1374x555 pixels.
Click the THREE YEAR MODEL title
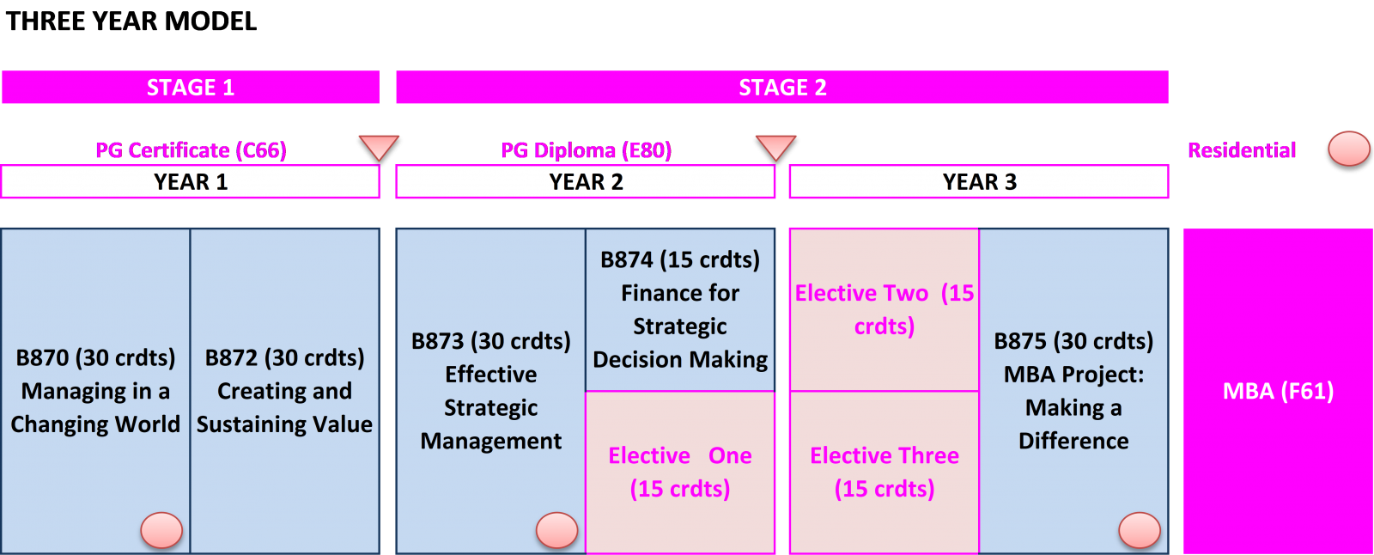(x=131, y=21)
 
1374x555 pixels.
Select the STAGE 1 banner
(x=191, y=87)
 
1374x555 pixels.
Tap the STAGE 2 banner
(x=782, y=87)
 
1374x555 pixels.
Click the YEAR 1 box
(x=191, y=182)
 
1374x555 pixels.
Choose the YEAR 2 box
(x=586, y=182)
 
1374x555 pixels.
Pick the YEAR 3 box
(x=979, y=182)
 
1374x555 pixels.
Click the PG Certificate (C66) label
(x=191, y=150)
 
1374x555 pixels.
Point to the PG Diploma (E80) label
(x=587, y=150)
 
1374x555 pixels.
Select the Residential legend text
(x=1242, y=150)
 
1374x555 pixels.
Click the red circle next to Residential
(x=1349, y=149)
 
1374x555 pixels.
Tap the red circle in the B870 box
(x=162, y=530)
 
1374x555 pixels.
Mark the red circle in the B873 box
(x=557, y=530)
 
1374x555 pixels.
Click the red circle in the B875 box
(x=1140, y=530)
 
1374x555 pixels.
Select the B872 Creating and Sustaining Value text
(x=284, y=391)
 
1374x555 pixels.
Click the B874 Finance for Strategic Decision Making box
(x=680, y=310)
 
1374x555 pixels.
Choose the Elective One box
(x=680, y=473)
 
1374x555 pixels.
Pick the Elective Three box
(x=885, y=473)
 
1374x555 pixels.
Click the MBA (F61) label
(x=1279, y=391)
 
